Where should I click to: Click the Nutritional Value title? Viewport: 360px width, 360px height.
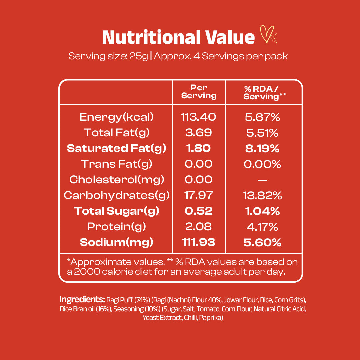(x=178, y=37)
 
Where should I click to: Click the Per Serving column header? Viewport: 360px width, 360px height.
(x=199, y=92)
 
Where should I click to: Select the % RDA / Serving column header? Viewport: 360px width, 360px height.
(x=264, y=93)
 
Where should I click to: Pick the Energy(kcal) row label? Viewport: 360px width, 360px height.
(x=117, y=117)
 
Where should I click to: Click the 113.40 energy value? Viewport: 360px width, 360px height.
(x=199, y=117)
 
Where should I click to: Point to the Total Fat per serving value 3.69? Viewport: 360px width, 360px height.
(x=199, y=132)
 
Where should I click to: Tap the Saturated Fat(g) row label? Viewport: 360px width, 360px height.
(x=117, y=148)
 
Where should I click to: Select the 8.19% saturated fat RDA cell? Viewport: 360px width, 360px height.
(x=262, y=149)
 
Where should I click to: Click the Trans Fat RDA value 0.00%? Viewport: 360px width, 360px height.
(x=262, y=164)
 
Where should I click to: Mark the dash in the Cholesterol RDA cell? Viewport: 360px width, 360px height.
(x=262, y=180)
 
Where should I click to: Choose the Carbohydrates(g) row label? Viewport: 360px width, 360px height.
(x=117, y=195)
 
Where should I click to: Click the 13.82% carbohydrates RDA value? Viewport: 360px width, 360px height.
(x=262, y=196)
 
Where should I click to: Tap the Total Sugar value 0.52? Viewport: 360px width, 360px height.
(x=199, y=211)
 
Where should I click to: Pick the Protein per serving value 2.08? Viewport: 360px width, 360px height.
(x=199, y=227)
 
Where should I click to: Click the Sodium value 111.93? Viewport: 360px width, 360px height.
(x=199, y=242)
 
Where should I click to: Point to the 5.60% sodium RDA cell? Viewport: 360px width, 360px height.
(x=262, y=242)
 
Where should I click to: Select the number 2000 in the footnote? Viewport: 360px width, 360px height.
(x=87, y=272)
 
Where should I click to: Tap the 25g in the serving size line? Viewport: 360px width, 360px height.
(x=139, y=56)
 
